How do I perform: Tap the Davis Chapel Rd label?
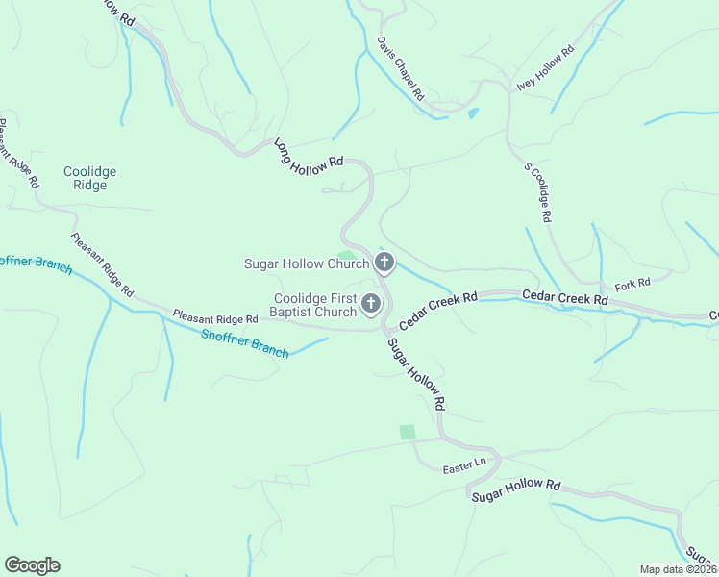click(401, 69)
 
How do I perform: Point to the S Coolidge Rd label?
click(537, 192)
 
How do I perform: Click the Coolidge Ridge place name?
click(90, 179)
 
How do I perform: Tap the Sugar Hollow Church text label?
click(307, 263)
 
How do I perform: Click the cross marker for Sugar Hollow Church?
click(384, 263)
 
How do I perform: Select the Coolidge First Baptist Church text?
click(315, 305)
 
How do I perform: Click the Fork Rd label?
click(632, 283)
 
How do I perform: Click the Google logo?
click(32, 565)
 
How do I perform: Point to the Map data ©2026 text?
click(678, 569)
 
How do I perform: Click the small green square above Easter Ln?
click(408, 433)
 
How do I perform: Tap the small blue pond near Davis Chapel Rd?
click(472, 113)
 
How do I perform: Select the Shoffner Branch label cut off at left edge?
click(35, 263)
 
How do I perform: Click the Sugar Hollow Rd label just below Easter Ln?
click(515, 488)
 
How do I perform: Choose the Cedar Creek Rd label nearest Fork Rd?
click(565, 299)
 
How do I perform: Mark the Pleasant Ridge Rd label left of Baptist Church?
click(215, 316)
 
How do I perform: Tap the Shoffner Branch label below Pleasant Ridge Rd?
click(245, 343)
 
